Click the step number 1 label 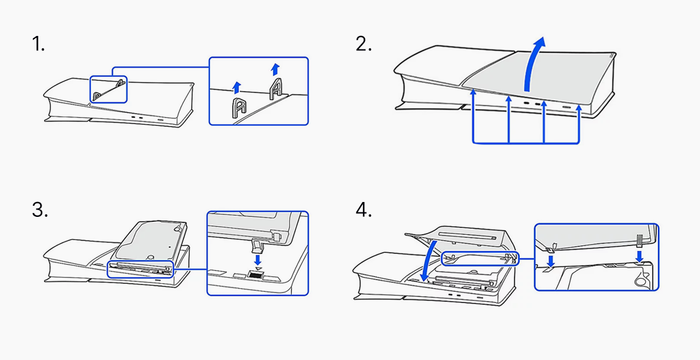(38, 45)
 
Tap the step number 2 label (364, 45)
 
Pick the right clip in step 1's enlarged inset (276, 90)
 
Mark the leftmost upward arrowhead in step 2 (473, 92)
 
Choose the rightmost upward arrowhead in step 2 (579, 108)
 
